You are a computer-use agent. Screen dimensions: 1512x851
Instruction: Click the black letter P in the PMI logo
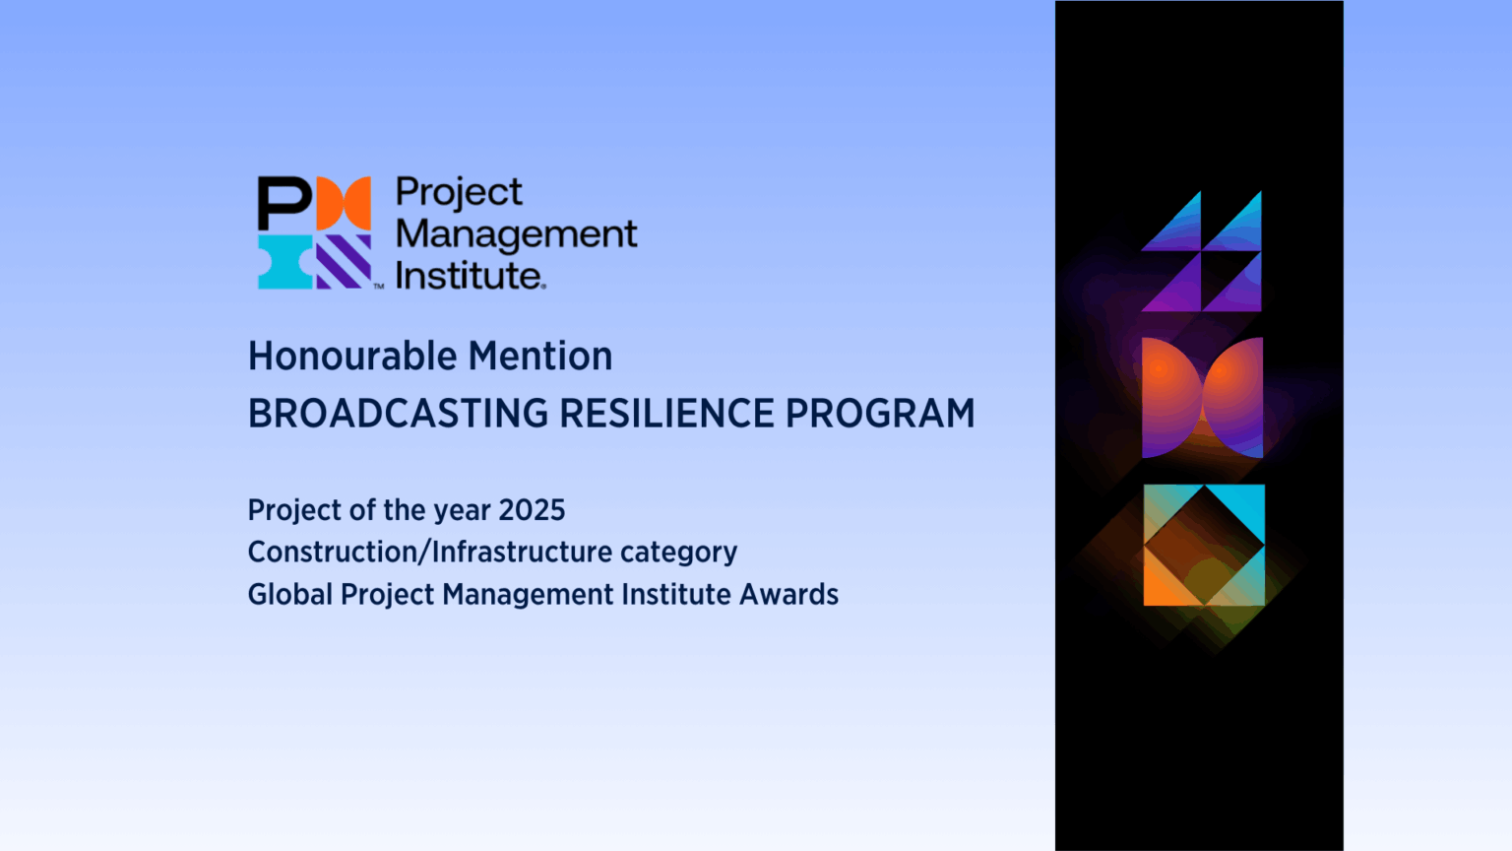click(x=283, y=203)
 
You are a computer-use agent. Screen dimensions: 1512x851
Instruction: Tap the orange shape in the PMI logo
click(x=344, y=203)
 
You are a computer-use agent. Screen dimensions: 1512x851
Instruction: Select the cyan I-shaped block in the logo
click(x=285, y=262)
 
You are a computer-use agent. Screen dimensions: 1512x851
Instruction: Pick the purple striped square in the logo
click(x=344, y=262)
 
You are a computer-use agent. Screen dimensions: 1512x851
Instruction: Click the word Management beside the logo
click(x=517, y=235)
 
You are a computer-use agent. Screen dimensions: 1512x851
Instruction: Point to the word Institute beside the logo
click(x=471, y=276)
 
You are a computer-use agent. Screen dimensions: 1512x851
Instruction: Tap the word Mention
click(x=540, y=356)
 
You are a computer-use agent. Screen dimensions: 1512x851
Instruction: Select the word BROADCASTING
click(x=399, y=413)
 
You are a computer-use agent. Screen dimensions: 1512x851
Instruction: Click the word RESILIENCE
click(x=666, y=413)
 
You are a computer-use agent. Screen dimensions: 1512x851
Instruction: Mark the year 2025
click(x=532, y=510)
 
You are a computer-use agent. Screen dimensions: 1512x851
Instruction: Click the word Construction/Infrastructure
click(x=429, y=552)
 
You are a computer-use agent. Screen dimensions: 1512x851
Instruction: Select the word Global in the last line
click(x=290, y=594)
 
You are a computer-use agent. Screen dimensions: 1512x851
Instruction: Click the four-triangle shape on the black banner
click(x=1202, y=251)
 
